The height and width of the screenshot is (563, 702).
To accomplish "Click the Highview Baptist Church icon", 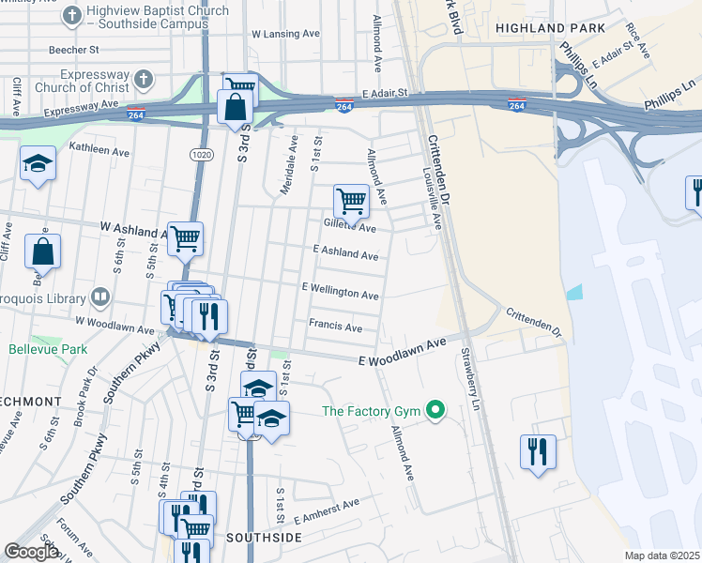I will (72, 16).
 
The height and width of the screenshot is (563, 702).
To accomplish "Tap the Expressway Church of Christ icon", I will (142, 79).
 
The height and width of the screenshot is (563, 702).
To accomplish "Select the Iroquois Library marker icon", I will (100, 298).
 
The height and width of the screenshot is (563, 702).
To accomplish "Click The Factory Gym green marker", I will (435, 410).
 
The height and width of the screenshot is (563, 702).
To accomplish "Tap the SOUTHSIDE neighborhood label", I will (264, 538).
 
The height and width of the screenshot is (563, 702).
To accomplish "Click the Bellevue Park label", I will (41, 349).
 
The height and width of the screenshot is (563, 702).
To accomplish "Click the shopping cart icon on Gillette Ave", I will (351, 199).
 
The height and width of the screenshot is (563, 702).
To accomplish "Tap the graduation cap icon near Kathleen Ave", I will (38, 166).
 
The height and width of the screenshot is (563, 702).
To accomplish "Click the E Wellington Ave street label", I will (340, 292).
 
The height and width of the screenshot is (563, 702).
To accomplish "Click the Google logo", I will (31, 552).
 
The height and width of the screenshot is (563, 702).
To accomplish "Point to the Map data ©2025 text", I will (662, 555).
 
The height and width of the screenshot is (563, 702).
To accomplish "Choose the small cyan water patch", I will (574, 292).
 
